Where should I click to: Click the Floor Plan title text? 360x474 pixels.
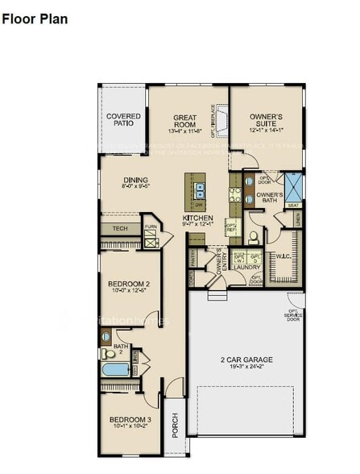pyautogui.click(x=35, y=18)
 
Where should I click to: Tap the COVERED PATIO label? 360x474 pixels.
pyautogui.click(x=123, y=121)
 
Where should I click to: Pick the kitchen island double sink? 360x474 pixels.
pyautogui.click(x=198, y=192)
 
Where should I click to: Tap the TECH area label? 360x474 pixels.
pyautogui.click(x=119, y=229)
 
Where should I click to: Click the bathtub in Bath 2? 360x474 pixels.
pyautogui.click(x=115, y=370)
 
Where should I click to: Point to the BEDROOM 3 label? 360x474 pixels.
pyautogui.click(x=130, y=420)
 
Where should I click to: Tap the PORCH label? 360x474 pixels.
pyautogui.click(x=176, y=425)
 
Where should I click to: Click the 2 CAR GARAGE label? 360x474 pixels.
pyautogui.click(x=247, y=360)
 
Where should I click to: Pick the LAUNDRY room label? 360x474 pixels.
pyautogui.click(x=247, y=268)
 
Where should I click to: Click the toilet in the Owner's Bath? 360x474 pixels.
pyautogui.click(x=253, y=237)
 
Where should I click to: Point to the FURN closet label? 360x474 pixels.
pyautogui.click(x=150, y=227)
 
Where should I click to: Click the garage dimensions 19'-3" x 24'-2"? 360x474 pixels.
pyautogui.click(x=247, y=368)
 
